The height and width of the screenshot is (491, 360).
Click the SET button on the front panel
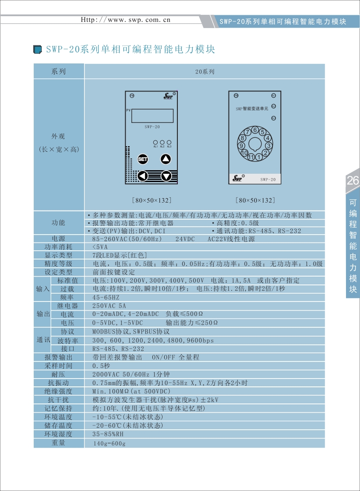pos(143,159)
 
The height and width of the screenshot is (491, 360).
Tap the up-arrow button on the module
pos(166,159)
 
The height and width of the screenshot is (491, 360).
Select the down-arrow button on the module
pos(166,176)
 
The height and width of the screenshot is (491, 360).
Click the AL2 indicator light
pos(162,142)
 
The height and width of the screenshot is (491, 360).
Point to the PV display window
pos(152,116)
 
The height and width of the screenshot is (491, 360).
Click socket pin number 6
pos(255,129)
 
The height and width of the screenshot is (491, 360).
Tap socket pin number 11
pos(251,157)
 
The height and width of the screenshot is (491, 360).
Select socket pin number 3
pos(269,145)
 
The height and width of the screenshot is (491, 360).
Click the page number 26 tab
pos(353,181)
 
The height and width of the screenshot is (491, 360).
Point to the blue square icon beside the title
pos(38,49)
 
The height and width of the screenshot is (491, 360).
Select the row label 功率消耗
pos(59,247)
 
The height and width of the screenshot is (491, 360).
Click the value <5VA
pos(100,247)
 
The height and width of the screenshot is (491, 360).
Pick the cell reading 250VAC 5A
pos(109,306)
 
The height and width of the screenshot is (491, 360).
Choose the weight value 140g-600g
pos(109,443)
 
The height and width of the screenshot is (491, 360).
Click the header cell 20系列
pos(205,72)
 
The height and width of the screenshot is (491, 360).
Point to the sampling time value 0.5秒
pos(101,366)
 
